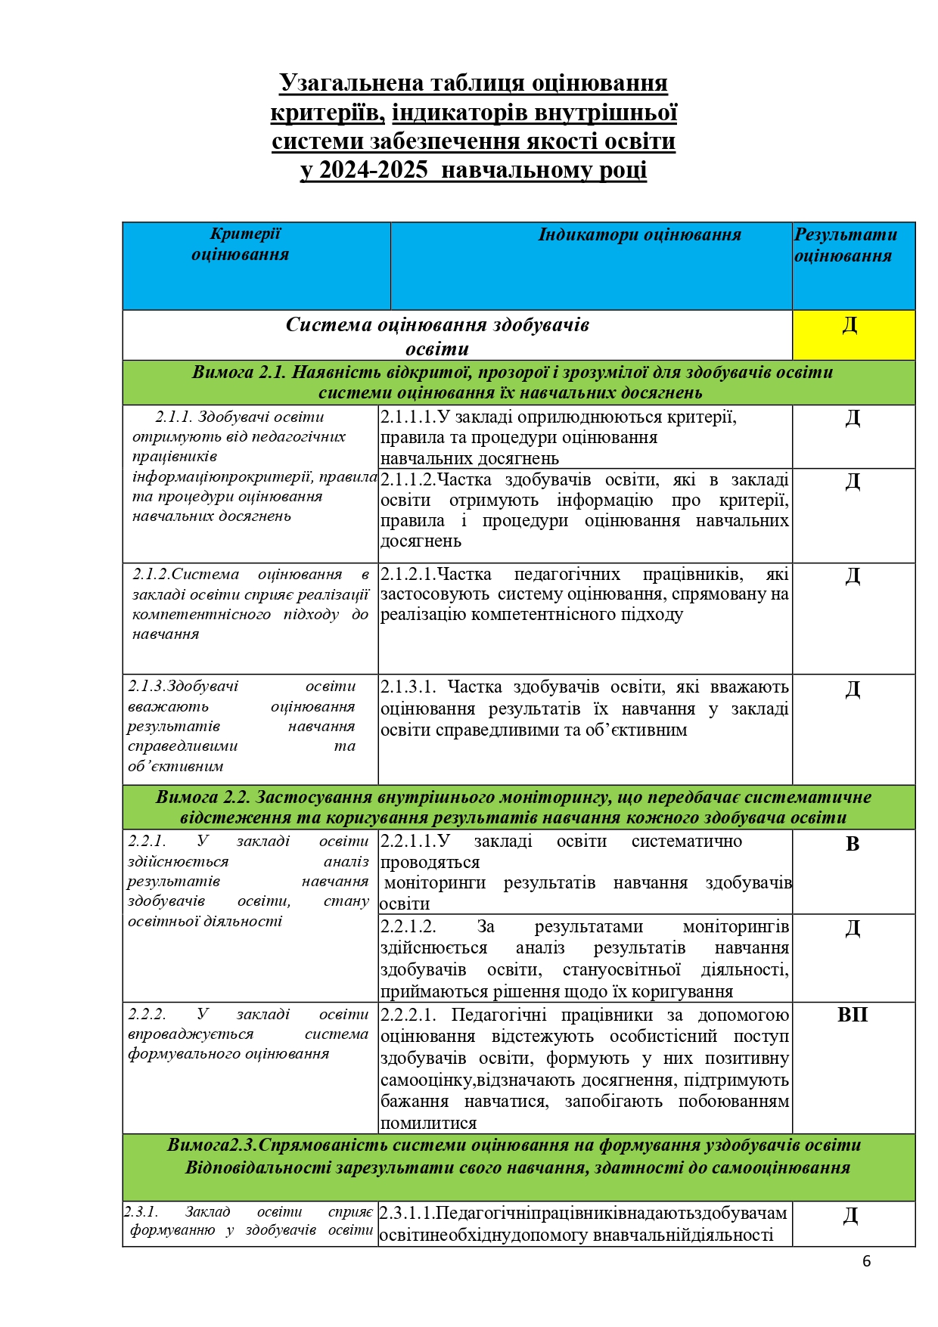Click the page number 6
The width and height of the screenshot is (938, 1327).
pos(867,1261)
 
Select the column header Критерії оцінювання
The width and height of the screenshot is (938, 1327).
pos(241,244)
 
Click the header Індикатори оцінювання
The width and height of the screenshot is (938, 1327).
pos(639,235)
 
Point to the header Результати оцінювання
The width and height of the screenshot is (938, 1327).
pos(845,245)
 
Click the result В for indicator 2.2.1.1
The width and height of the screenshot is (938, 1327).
pos(853,844)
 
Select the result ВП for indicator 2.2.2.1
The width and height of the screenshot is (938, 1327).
pos(853,1015)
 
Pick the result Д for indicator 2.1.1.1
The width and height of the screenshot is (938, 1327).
pos(853,418)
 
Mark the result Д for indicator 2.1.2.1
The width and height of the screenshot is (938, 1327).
pos(853,576)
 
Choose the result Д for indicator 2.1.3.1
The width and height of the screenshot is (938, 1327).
pos(853,689)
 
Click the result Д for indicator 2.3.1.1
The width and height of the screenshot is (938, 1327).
pos(850,1215)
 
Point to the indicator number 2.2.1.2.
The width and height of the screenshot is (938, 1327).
pos(408,927)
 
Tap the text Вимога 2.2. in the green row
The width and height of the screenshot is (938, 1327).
pos(203,797)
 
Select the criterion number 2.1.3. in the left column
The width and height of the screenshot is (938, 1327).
pos(147,687)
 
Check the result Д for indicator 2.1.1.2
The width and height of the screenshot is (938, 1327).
pos(853,482)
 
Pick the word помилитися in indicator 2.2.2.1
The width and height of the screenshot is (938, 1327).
pos(428,1124)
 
